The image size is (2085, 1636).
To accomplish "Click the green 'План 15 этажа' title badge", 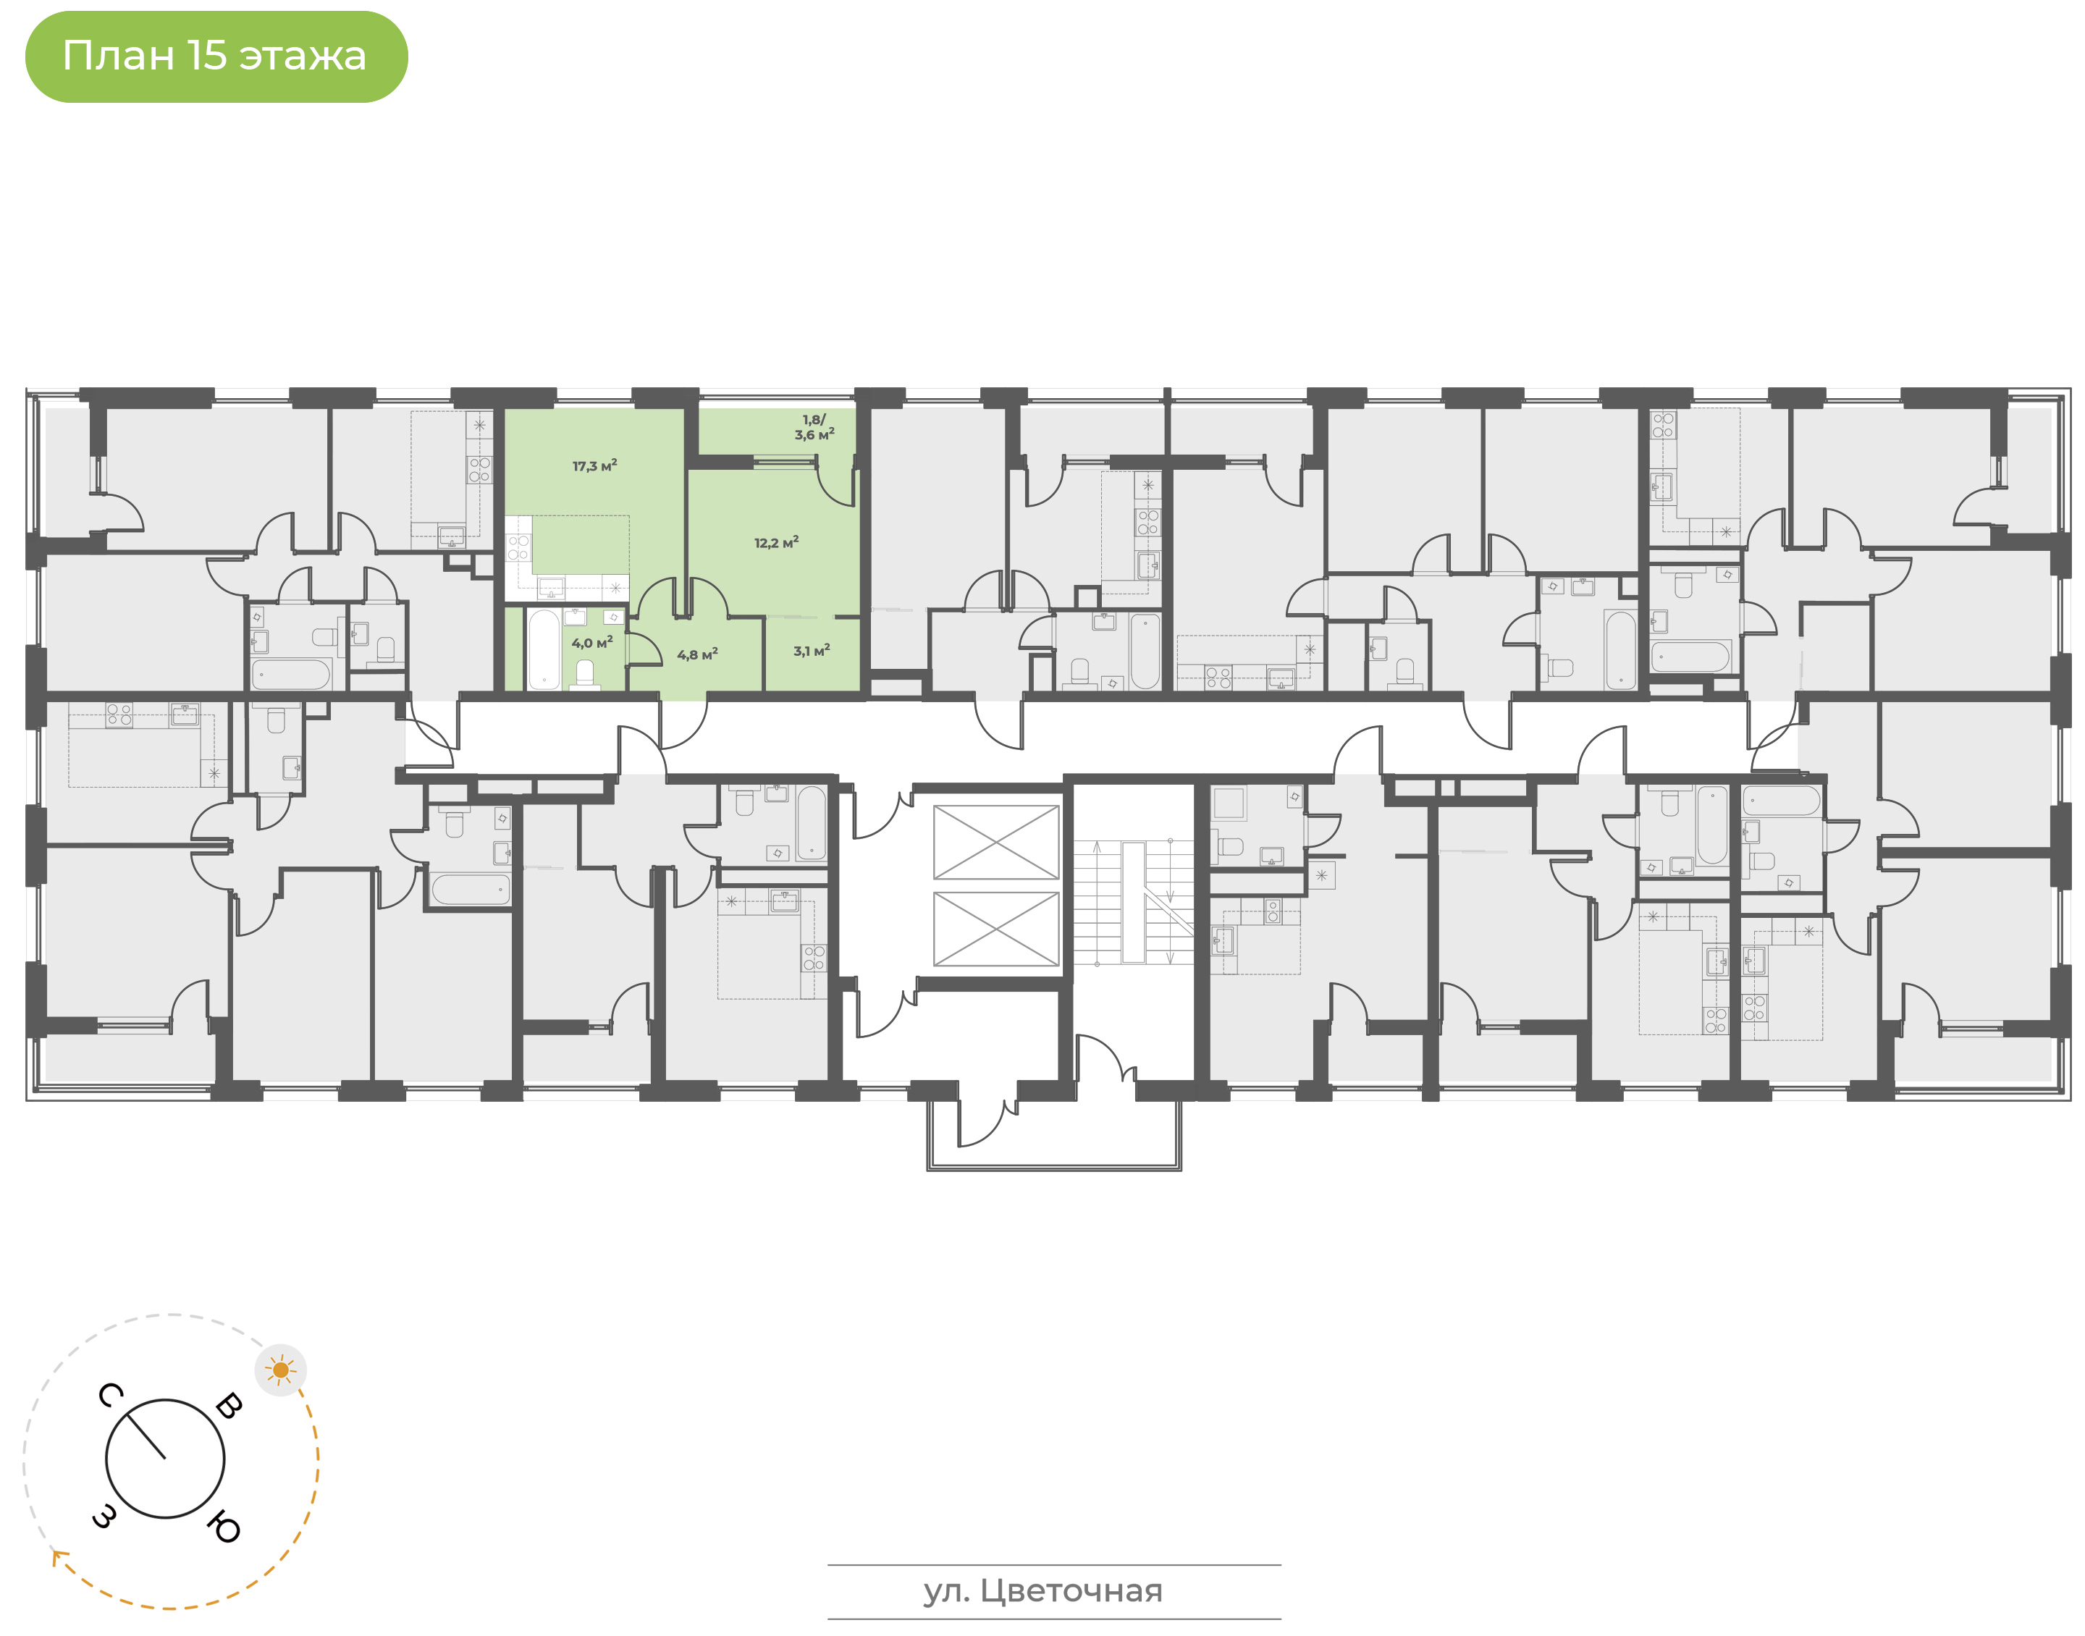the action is coord(216,56).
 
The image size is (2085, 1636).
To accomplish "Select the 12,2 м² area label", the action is coord(776,543).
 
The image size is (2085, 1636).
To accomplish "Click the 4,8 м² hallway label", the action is coord(697,655).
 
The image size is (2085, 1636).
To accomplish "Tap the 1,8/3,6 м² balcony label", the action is coord(814,427).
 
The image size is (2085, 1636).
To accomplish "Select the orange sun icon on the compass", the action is coord(281,1370).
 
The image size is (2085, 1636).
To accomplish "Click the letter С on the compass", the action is coord(110,1396).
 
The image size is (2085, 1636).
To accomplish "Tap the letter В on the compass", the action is coord(229,1405).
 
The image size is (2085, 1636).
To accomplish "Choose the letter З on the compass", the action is coord(104,1517).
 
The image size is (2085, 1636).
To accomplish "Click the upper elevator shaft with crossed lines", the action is coord(996,842).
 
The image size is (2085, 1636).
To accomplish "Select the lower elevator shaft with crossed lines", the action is coord(996,929).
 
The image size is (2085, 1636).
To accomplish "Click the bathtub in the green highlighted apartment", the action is coord(543,649).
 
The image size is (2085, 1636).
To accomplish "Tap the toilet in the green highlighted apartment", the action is coord(585,675).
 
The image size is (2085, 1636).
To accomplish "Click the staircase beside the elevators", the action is coord(1133,902).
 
